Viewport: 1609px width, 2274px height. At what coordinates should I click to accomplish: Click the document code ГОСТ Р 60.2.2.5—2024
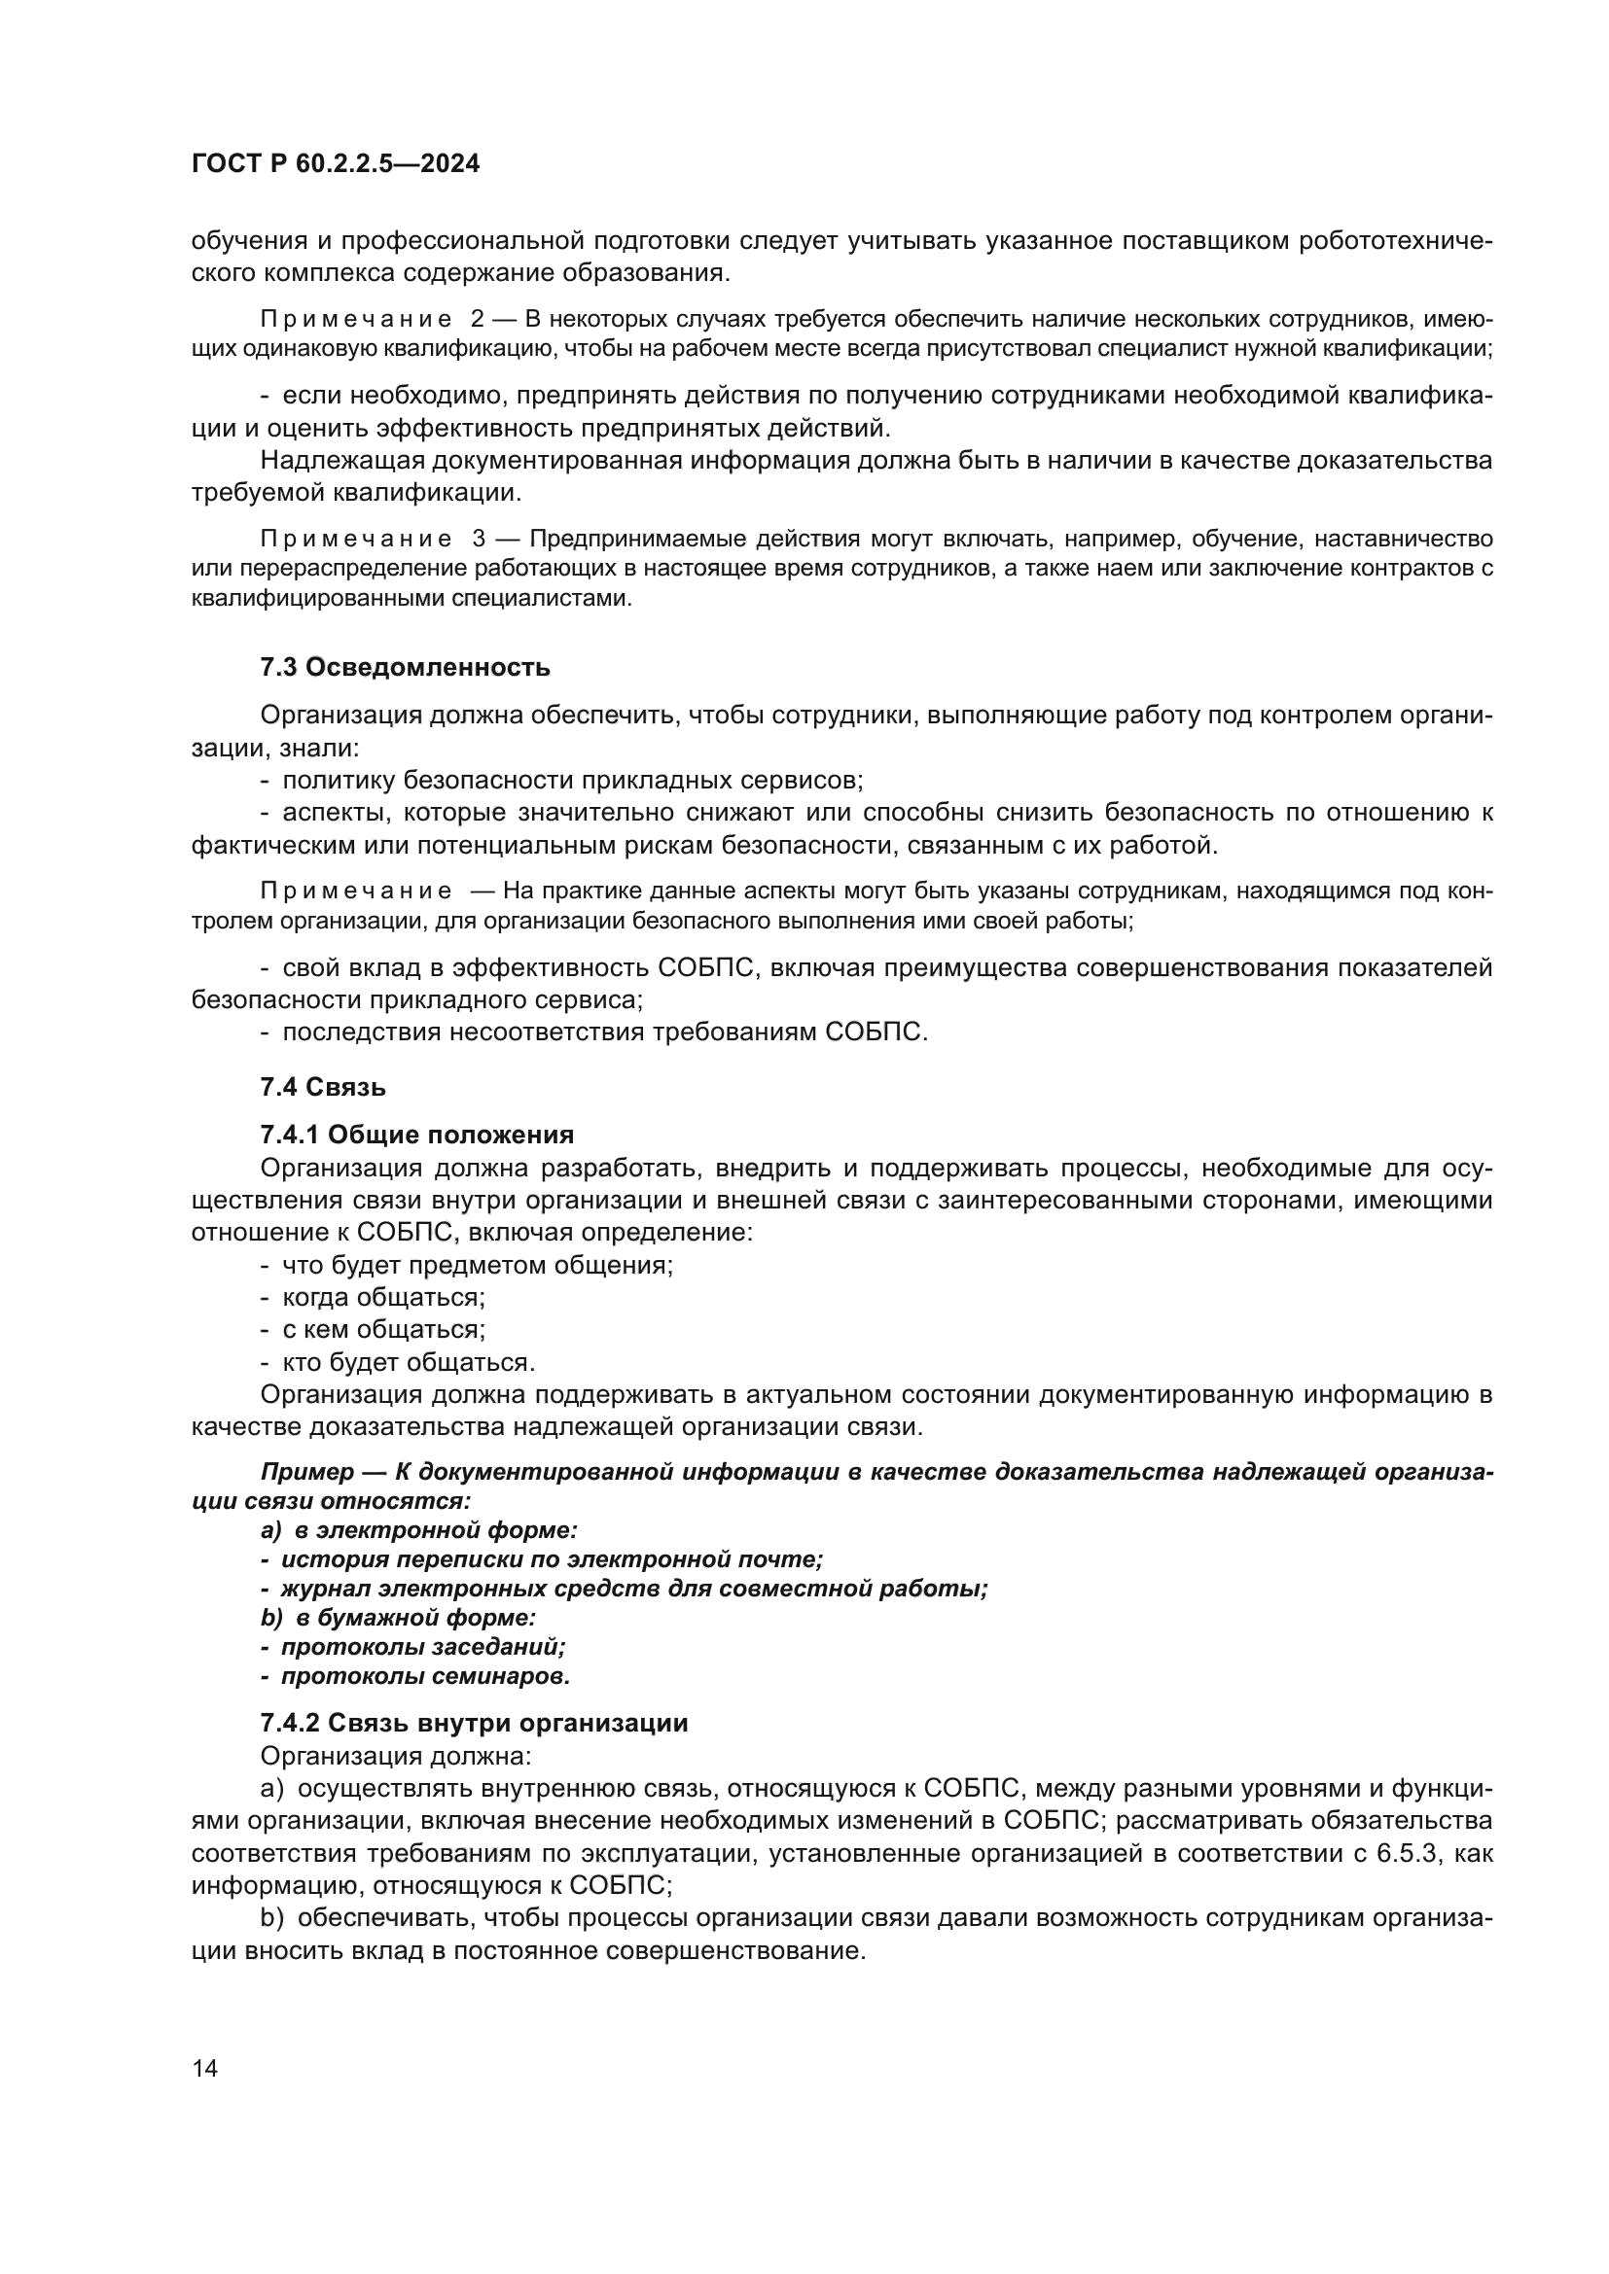[x=335, y=163]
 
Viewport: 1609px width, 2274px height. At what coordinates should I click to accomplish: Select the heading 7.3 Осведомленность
[x=405, y=667]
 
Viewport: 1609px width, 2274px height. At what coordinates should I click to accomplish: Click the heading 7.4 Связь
[x=323, y=1087]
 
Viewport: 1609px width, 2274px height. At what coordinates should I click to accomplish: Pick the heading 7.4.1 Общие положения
[x=416, y=1134]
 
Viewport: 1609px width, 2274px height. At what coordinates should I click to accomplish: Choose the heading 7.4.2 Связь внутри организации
[x=474, y=1723]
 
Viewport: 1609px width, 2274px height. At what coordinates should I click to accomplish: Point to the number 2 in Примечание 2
[x=478, y=319]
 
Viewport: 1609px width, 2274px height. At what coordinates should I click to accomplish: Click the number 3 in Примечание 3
[x=479, y=539]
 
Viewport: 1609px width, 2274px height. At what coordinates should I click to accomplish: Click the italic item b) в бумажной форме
[x=397, y=1618]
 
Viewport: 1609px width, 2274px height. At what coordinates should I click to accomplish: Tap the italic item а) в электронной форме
[x=418, y=1530]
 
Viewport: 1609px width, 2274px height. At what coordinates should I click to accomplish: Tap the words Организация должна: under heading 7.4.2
[x=395, y=1755]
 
